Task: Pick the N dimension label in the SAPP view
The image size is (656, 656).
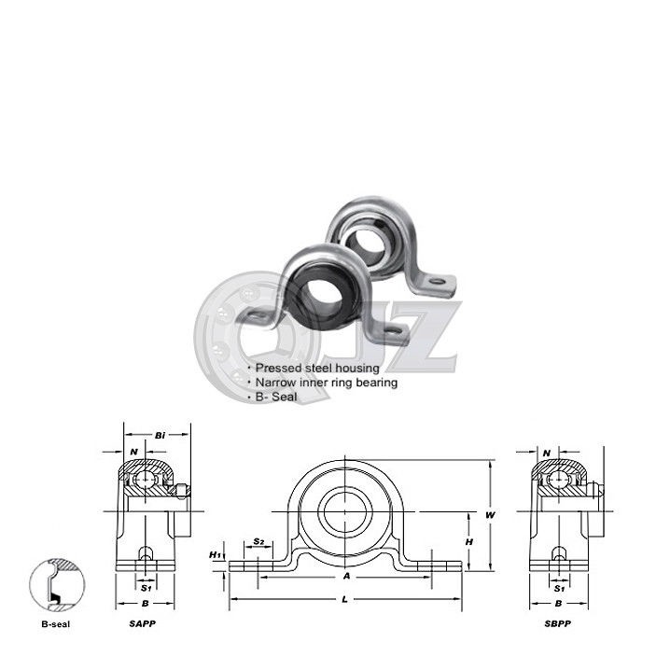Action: [x=134, y=452]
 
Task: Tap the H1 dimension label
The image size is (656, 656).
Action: [x=215, y=555]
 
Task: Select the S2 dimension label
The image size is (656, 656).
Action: [x=259, y=542]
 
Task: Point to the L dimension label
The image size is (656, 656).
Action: [x=346, y=597]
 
